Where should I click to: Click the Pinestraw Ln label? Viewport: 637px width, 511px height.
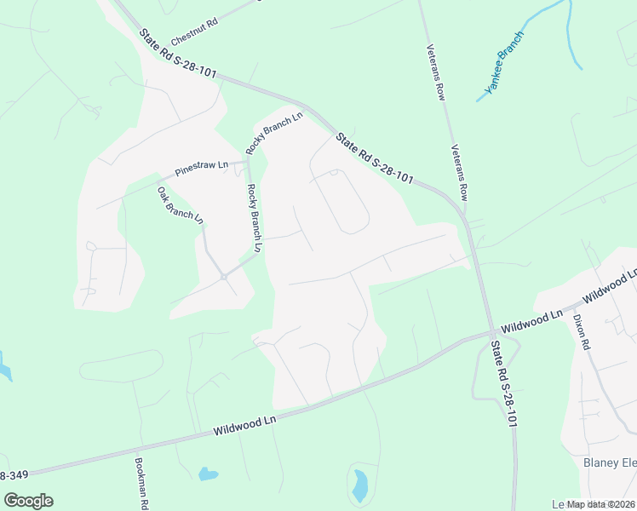(x=201, y=168)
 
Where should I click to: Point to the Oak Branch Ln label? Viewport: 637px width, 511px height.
(x=181, y=204)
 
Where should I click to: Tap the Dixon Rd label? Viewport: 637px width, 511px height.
(x=582, y=332)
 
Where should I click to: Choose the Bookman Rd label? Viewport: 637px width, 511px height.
(x=140, y=482)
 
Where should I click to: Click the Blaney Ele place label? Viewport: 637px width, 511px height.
(x=610, y=462)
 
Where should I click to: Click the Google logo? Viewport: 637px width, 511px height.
(x=28, y=501)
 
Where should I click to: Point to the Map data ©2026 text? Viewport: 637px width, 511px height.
(x=594, y=503)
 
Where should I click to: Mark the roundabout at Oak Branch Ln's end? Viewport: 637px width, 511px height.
(x=223, y=276)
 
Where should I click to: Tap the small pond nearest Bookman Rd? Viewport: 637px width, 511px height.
(x=207, y=474)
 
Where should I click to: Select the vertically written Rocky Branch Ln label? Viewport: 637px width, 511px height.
(x=254, y=218)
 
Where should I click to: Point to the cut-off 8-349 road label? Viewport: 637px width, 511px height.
(x=15, y=474)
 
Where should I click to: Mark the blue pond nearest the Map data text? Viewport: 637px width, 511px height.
(x=359, y=485)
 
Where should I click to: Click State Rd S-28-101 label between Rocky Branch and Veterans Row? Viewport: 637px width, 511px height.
(x=374, y=158)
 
